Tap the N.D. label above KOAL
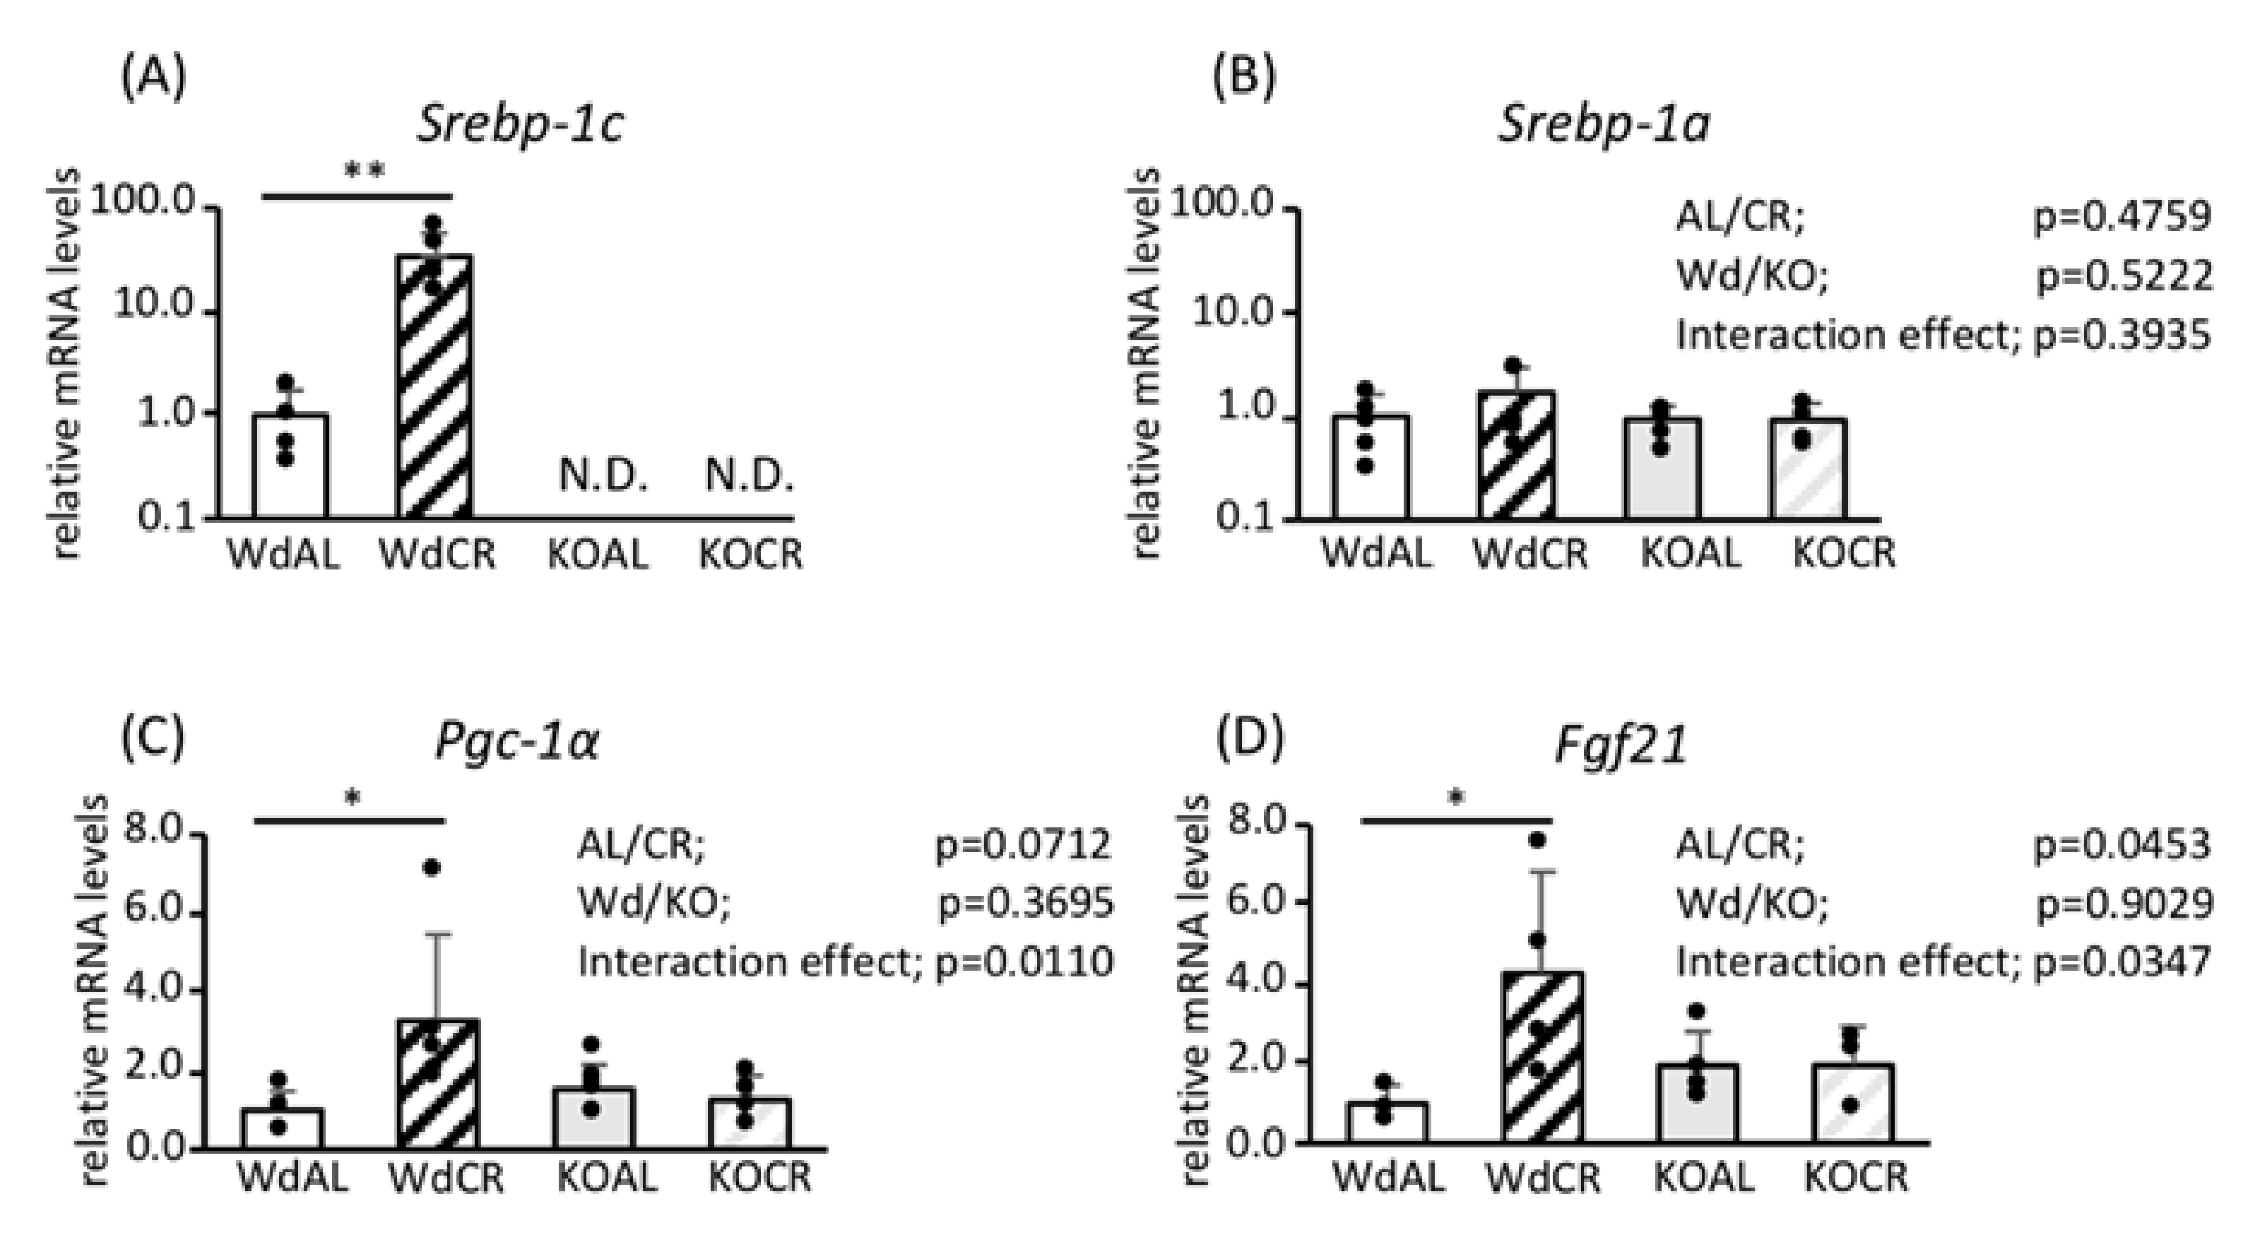pos(603,476)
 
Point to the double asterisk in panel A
pos(364,172)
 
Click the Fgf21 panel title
pos(1621,747)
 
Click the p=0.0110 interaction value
pos(1025,962)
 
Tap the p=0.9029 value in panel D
pos(2124,903)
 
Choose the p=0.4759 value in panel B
pos(2122,217)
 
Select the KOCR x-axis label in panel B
pos(1844,553)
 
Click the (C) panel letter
pos(153,737)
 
